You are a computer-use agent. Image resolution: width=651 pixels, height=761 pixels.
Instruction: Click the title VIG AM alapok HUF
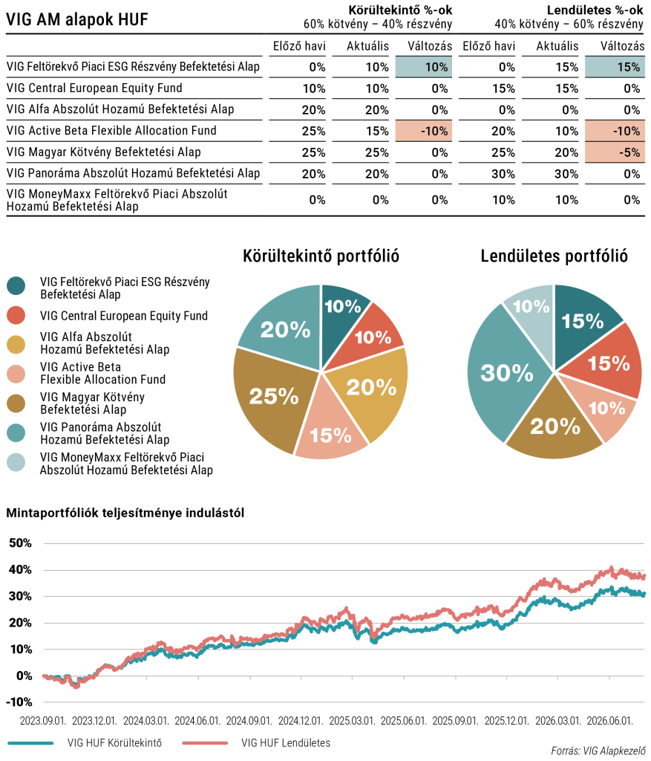click(77, 19)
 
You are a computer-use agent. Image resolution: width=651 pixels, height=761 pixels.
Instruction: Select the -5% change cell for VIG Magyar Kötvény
click(615, 152)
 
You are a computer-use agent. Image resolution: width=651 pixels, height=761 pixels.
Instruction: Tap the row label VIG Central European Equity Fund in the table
click(94, 88)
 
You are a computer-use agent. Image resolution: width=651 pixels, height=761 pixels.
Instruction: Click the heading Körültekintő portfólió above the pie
click(321, 256)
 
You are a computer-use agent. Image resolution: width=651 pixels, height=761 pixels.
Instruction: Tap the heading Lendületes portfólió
click(554, 256)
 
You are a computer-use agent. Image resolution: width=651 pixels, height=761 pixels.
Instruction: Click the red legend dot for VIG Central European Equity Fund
click(16, 316)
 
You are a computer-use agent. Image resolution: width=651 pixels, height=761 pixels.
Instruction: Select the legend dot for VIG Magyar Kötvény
click(16, 404)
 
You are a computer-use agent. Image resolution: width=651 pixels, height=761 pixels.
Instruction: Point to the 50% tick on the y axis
click(20, 543)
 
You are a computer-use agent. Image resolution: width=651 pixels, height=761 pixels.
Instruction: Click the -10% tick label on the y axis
click(19, 702)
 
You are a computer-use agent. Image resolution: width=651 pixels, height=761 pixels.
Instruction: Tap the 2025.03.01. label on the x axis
click(352, 721)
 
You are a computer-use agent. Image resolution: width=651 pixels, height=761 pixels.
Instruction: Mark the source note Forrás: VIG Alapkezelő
click(598, 751)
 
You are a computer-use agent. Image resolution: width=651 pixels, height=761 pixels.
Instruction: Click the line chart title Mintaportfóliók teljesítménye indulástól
click(125, 513)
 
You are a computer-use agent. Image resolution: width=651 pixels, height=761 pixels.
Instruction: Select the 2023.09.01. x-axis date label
click(42, 721)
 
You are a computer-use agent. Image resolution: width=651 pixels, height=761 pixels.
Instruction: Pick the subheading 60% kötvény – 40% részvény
click(378, 24)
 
